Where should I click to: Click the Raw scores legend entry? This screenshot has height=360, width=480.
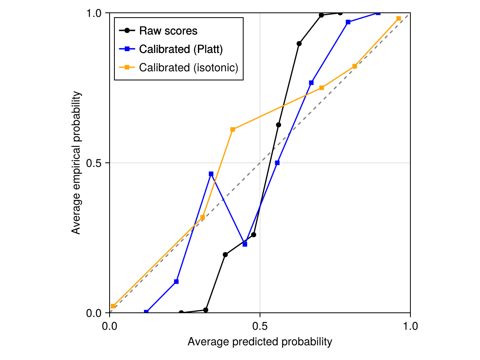[168, 30]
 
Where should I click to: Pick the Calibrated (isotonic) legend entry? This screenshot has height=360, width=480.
[188, 68]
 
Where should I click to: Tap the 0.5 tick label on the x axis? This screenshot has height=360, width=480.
[260, 326]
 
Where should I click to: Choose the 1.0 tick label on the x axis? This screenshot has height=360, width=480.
[410, 326]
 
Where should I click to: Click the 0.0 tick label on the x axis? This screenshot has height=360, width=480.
[110, 326]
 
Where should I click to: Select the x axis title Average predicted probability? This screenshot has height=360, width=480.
[260, 342]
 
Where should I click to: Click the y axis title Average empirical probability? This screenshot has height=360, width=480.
[76, 163]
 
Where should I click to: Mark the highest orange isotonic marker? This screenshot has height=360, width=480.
[398, 18]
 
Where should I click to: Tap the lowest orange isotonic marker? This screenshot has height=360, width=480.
[113, 306]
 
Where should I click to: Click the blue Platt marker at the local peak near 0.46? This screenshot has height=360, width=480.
[211, 174]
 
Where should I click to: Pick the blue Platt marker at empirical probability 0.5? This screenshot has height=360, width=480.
[278, 163]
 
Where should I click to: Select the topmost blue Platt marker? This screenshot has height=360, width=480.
[378, 13]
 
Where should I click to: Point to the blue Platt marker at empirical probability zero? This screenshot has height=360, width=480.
[146, 312]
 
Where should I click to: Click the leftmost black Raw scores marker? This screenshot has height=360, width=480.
[181, 313]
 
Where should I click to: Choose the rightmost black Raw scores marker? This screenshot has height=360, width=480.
[340, 13]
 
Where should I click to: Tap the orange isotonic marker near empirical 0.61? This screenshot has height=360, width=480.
[233, 129]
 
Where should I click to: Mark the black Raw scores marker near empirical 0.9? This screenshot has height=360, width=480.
[299, 43]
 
